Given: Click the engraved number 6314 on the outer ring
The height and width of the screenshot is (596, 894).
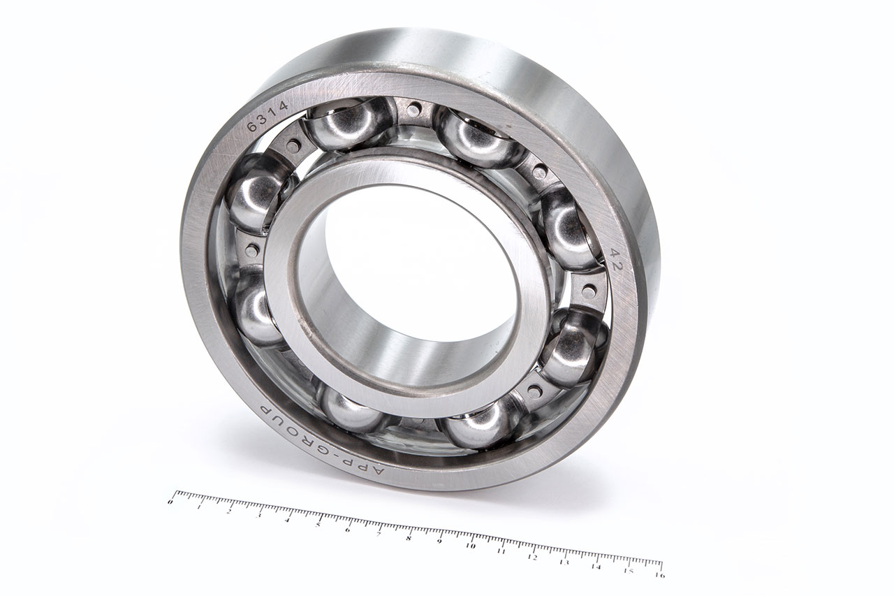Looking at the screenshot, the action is coord(268,117).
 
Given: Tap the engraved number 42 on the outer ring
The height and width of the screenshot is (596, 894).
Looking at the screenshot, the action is coord(615,260).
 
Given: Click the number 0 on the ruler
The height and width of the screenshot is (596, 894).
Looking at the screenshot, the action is coord(171,502).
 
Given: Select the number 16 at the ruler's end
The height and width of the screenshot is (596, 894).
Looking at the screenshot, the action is coord(659,575).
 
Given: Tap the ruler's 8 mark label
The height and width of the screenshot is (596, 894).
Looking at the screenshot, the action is coord(409,538).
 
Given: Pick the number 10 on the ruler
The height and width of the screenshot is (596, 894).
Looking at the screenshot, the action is coord(471,546).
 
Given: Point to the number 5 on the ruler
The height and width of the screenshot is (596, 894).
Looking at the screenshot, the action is coord(318,524).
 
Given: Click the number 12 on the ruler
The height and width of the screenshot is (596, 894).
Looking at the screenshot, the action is coord(532,557).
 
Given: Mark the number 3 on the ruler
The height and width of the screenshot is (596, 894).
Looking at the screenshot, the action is coord(258,516).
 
